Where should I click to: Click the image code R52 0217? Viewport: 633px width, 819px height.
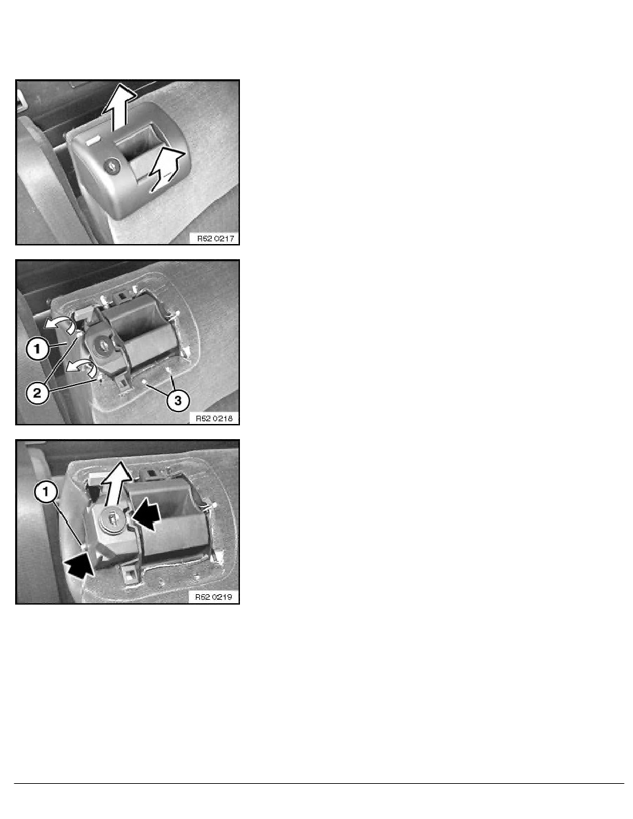coord(215,239)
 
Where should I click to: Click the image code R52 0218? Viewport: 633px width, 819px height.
coord(214,418)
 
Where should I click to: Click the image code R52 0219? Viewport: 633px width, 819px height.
coord(214,597)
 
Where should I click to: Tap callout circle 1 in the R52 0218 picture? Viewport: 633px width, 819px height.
coord(38,349)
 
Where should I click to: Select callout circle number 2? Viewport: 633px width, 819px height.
coord(37,393)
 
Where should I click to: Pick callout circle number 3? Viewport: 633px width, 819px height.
coord(178,401)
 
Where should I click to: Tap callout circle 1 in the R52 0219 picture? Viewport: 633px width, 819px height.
coord(46,492)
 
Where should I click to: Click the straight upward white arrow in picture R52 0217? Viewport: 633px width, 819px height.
coord(119,107)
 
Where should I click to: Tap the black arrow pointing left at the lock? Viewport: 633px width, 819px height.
coord(146,514)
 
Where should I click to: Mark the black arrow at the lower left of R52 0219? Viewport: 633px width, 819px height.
coord(81,564)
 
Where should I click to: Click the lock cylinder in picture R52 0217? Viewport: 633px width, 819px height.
coord(112,167)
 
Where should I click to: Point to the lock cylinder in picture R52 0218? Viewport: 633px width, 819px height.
coord(103,344)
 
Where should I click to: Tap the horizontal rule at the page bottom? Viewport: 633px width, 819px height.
coord(319,783)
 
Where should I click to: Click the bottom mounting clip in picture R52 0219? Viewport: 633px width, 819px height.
coord(130,574)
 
